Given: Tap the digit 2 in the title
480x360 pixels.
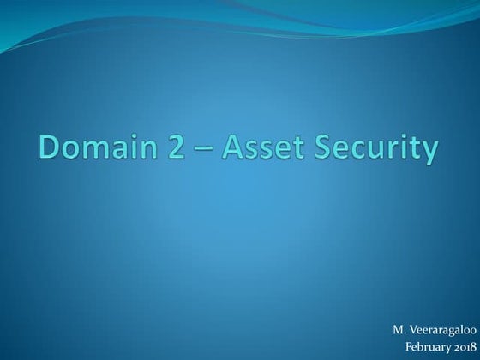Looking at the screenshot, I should coord(178,148).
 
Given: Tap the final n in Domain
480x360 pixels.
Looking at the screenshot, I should coord(153,150).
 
